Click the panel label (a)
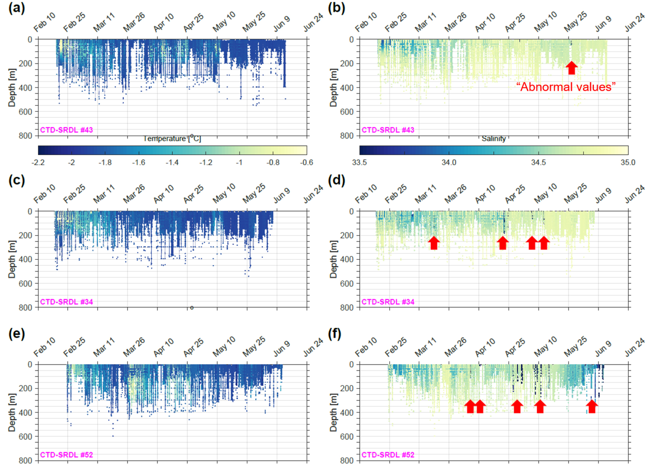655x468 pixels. (17, 8)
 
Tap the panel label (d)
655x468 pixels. (336, 180)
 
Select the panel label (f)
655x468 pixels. (334, 333)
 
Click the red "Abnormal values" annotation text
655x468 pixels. (566, 87)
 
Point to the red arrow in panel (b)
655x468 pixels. (572, 67)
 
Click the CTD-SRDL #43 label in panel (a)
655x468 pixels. (66, 130)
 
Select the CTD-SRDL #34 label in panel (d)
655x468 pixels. (388, 302)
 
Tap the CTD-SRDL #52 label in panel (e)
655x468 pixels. (66, 455)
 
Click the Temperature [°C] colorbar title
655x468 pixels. (172, 138)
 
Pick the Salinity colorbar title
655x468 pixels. (493, 139)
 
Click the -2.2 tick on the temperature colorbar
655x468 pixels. (38, 162)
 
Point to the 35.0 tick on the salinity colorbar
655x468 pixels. (628, 162)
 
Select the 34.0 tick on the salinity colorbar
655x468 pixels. (449, 162)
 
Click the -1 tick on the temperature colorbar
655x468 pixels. (239, 162)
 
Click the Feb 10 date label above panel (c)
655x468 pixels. (44, 194)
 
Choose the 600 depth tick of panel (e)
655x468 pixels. (25, 437)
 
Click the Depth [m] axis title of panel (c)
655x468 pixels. (12, 259)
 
